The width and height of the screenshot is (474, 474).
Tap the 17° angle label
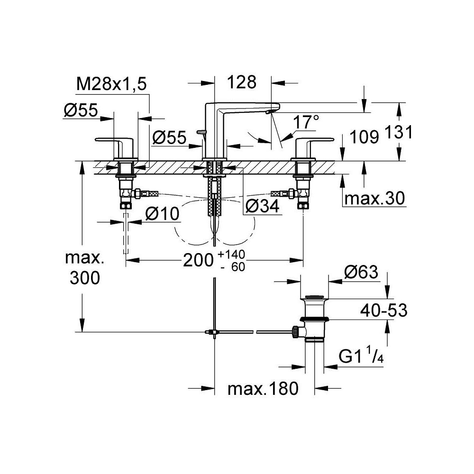click(x=306, y=122)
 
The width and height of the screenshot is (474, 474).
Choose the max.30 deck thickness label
click(x=374, y=199)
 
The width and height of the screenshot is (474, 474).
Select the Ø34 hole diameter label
click(x=259, y=206)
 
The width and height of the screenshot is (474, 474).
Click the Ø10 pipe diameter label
click(x=162, y=214)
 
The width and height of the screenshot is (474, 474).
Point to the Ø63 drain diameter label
click(x=361, y=273)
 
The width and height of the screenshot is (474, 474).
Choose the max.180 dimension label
click(x=263, y=389)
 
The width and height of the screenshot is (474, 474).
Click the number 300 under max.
click(x=84, y=279)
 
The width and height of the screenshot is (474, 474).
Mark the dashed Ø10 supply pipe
click(x=126, y=233)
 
